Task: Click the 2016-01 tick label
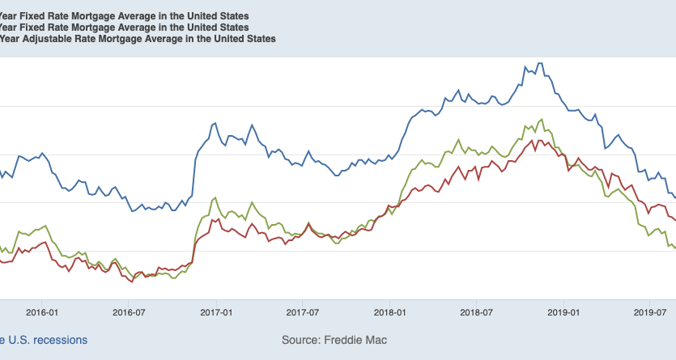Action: coord(42,311)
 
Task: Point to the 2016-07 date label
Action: coord(129,311)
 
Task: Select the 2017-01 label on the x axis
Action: coord(216,311)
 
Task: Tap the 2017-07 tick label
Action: coord(302,311)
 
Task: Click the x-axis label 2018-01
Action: coord(389,311)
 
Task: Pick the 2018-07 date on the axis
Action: coord(475,311)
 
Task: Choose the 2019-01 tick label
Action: coord(563,311)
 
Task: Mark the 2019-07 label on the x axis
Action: coord(648,311)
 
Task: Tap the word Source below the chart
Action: coord(300,341)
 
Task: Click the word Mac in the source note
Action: coord(376,341)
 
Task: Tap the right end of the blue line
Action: coord(674,197)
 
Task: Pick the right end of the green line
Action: coord(674,248)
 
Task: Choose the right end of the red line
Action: coord(674,220)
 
